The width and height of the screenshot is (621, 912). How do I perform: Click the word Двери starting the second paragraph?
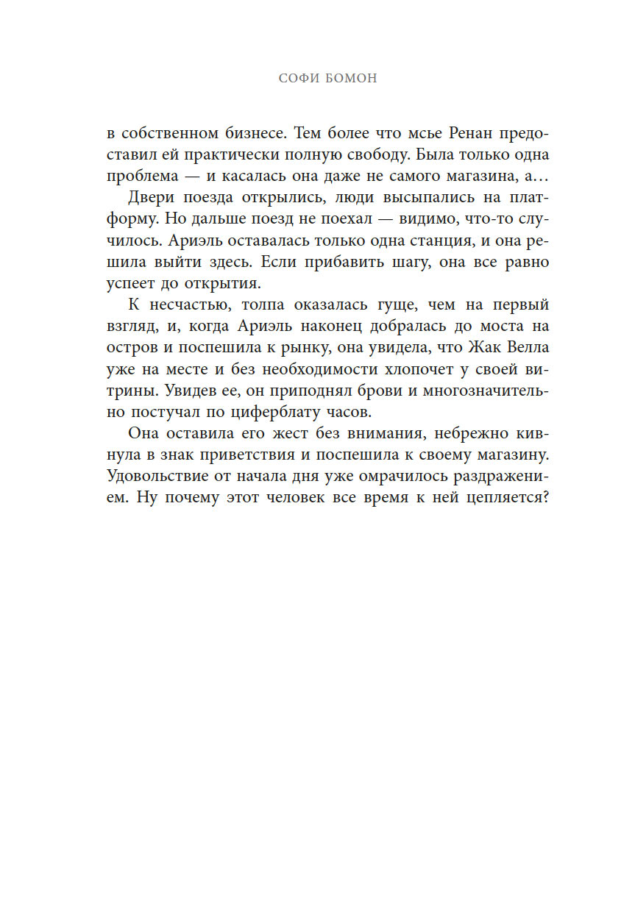(151, 199)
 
